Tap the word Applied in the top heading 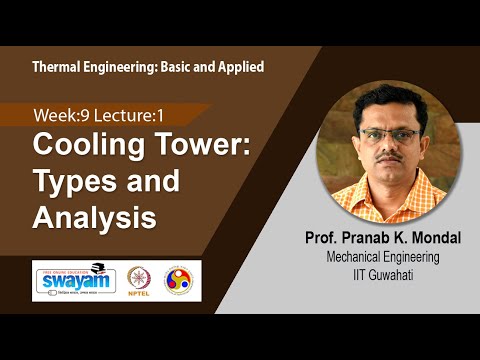pyautogui.click(x=238, y=66)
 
